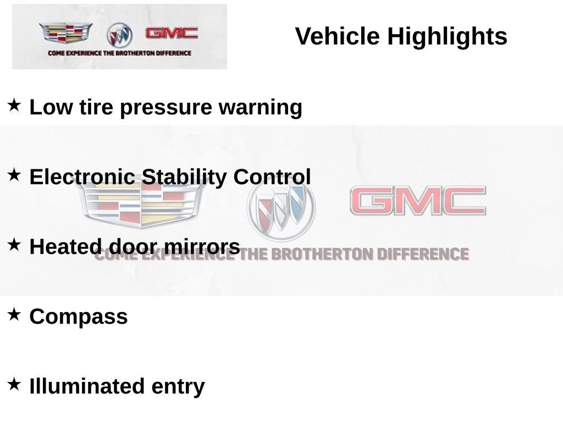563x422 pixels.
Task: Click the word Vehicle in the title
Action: [x=337, y=36]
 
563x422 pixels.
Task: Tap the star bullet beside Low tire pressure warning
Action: [x=14, y=105]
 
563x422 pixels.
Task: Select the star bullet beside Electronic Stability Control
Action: [x=14, y=175]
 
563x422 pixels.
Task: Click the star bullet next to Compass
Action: [x=14, y=314]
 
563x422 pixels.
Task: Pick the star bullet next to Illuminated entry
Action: [x=14, y=384]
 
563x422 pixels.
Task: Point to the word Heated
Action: [x=65, y=247]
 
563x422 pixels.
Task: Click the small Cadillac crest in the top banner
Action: [x=66, y=32]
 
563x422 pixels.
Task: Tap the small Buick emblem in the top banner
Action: [x=119, y=35]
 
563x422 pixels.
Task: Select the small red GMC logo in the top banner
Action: [x=172, y=32]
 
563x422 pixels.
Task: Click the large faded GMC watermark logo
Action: [x=418, y=201]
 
